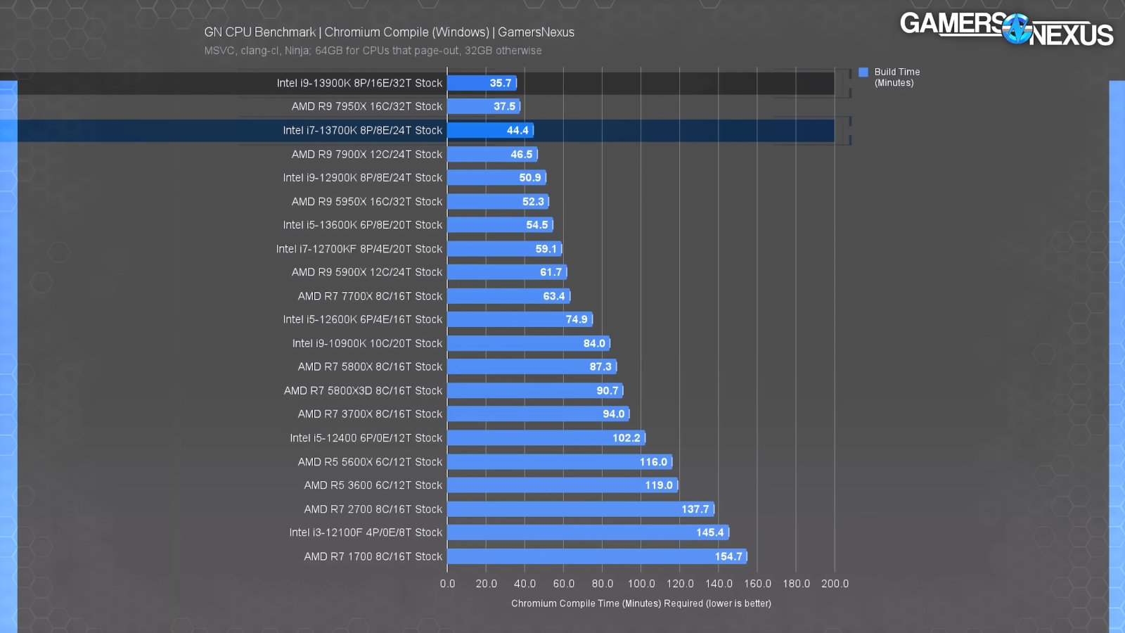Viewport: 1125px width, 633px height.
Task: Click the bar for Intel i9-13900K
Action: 482,83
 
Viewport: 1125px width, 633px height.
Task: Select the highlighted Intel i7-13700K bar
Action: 490,130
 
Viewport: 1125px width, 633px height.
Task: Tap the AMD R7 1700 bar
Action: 596,556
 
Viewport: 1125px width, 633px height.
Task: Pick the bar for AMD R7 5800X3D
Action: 534,390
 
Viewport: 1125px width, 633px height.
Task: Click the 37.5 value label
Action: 504,106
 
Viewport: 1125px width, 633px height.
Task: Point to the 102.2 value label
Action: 626,437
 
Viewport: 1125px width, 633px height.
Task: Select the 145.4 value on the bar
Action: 709,532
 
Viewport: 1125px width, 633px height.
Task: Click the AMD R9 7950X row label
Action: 366,106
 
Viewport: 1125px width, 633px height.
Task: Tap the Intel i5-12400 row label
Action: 366,437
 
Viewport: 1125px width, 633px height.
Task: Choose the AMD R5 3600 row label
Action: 373,485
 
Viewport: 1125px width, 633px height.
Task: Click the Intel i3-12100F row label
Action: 366,532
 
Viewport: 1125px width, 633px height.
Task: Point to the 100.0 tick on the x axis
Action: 641,584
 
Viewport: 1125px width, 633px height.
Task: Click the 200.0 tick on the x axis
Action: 835,584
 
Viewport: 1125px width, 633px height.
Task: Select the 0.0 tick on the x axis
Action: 448,584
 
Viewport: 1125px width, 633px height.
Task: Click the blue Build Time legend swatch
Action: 863,72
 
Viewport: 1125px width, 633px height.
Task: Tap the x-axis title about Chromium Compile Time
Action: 641,603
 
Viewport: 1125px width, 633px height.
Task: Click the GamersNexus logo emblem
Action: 1016,29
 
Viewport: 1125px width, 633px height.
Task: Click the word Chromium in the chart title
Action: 349,32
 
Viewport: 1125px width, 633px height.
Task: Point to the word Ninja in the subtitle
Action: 297,51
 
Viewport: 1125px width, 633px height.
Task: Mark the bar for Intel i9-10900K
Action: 528,343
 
